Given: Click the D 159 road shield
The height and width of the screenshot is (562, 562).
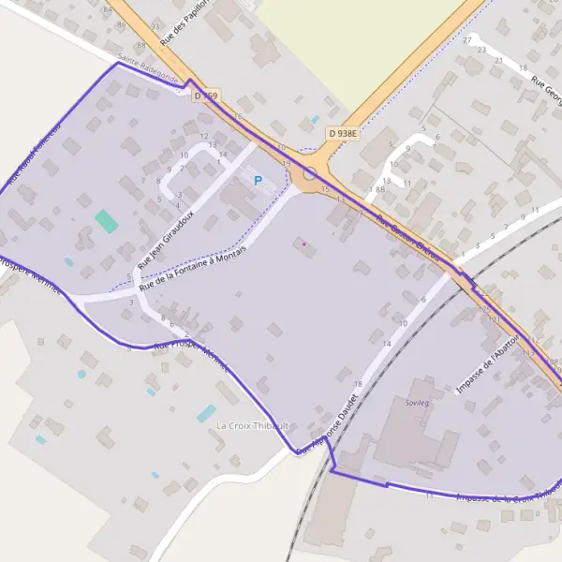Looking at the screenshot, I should (x=205, y=96).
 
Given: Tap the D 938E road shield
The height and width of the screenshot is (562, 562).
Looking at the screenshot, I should (x=343, y=134).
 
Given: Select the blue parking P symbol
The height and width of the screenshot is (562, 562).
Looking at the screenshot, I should (x=258, y=180).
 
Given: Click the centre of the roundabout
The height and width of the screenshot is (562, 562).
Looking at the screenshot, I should (x=309, y=173).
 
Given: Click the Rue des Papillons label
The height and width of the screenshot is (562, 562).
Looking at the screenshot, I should (x=185, y=23).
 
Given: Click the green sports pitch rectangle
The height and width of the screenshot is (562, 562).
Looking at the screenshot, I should (x=106, y=221).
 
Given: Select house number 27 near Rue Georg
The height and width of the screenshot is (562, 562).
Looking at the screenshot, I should (x=467, y=40).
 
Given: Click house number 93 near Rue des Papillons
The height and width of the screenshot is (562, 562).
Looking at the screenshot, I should (x=155, y=27).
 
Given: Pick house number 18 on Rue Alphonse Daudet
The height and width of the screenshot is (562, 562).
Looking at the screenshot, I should (x=357, y=384).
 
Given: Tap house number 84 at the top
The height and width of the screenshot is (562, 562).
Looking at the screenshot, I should (x=108, y=8).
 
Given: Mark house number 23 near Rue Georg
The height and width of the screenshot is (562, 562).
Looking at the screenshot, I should (x=481, y=48).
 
